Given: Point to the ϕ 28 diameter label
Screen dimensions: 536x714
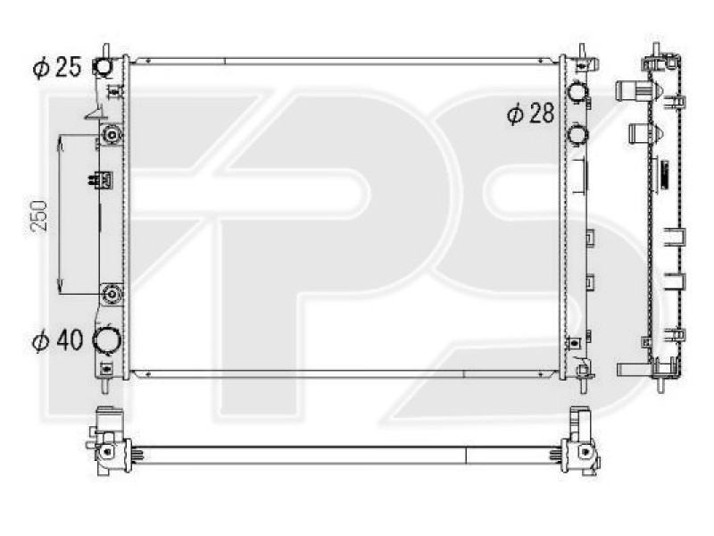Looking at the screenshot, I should pyautogui.click(x=530, y=113).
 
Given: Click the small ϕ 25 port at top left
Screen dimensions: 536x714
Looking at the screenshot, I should pyautogui.click(x=104, y=67).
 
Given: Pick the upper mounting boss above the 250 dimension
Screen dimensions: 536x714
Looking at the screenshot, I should pyautogui.click(x=112, y=135).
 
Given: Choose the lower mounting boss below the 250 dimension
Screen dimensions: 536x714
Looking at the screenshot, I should pyautogui.click(x=112, y=294).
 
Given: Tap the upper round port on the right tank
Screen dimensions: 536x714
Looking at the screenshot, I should pyautogui.click(x=577, y=91).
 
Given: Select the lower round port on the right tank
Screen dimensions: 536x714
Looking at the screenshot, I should pyautogui.click(x=577, y=135).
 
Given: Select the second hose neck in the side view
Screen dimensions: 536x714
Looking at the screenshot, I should pyautogui.click(x=639, y=134).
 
